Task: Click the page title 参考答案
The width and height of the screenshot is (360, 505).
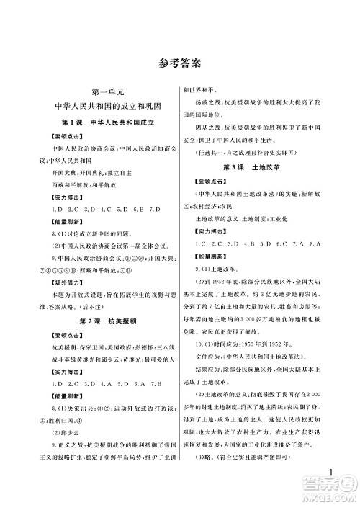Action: [x=180, y=64]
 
